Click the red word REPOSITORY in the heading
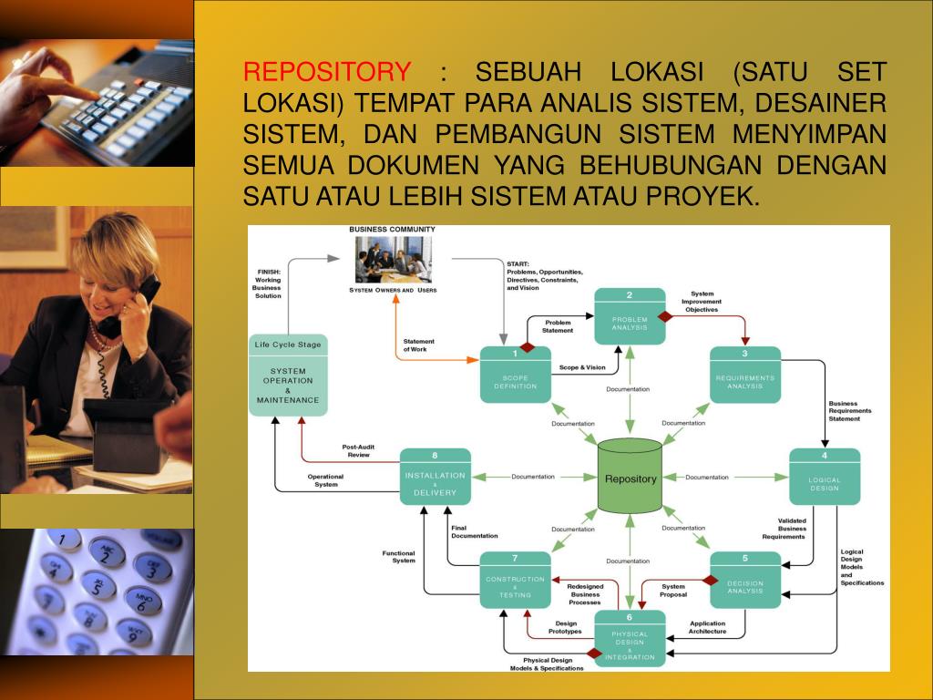point(327,72)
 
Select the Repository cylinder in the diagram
point(630,477)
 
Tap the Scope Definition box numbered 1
point(516,375)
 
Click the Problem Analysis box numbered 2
point(630,316)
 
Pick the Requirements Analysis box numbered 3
point(745,375)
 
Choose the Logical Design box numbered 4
point(825,477)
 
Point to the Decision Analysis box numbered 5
point(745,580)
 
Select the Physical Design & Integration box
point(630,638)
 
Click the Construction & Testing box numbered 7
point(516,580)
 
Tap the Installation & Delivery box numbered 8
point(435,477)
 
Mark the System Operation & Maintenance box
point(288,376)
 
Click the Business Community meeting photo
point(394,260)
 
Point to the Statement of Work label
point(419,345)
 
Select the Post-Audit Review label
point(358,450)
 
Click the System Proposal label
point(673,591)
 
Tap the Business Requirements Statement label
point(849,411)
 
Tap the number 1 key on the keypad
point(65,539)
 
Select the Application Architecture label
point(707,627)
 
